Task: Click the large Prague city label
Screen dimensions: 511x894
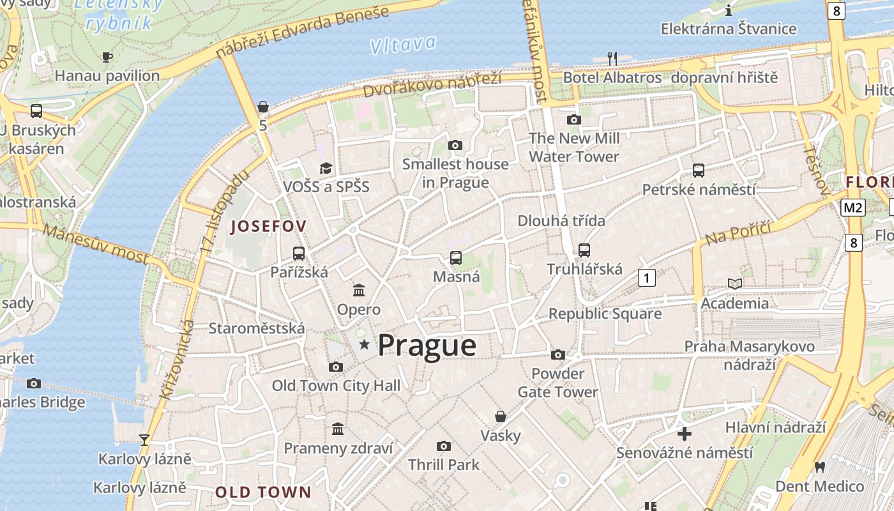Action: point(427,346)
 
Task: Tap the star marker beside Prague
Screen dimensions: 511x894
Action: point(365,345)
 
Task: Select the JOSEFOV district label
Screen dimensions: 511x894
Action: point(268,226)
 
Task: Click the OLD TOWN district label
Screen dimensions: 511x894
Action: point(262,492)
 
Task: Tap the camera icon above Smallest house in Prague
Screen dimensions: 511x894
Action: point(455,146)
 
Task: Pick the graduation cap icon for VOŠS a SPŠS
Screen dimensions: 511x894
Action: point(326,168)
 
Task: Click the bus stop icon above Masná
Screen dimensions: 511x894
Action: point(456,258)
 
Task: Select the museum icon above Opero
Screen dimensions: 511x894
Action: point(359,291)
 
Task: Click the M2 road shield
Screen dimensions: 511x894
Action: point(853,208)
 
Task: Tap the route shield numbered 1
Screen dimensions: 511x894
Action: point(647,278)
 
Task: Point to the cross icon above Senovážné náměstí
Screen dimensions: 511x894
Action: point(685,434)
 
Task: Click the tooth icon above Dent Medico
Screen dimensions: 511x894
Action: point(819,468)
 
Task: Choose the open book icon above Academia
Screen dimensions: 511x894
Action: point(735,284)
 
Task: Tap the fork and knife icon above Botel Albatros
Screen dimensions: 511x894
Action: point(612,59)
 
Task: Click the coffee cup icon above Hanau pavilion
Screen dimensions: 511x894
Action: point(107,57)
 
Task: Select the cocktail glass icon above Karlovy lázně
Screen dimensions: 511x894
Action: point(144,439)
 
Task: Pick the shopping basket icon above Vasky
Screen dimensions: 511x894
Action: point(501,416)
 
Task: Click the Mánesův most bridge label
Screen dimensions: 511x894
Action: point(96,243)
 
